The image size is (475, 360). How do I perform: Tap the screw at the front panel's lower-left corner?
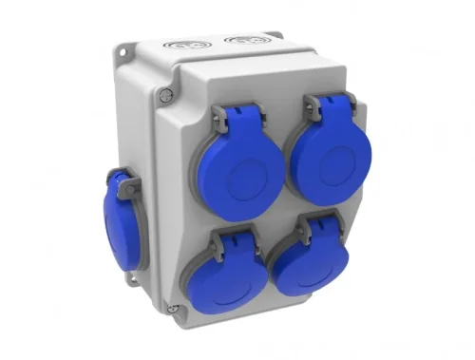point(172,308)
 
